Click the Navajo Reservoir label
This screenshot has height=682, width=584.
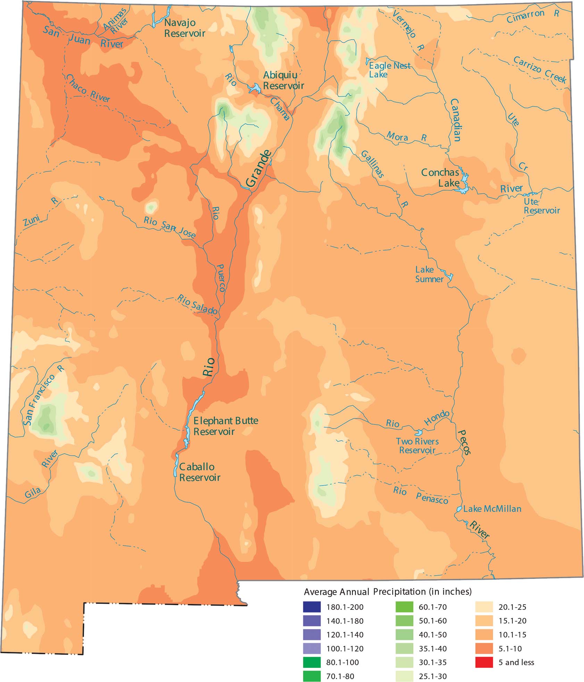click(x=184, y=28)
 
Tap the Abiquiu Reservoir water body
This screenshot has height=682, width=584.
click(x=255, y=88)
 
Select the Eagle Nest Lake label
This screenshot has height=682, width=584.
click(x=389, y=70)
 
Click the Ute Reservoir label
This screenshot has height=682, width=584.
click(x=541, y=206)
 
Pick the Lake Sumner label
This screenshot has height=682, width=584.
click(x=429, y=274)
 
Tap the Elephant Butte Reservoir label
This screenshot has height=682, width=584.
click(x=226, y=426)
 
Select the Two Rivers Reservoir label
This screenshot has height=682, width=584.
click(x=417, y=446)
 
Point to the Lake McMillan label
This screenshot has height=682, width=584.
click(x=492, y=509)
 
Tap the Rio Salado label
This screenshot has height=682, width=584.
click(x=197, y=304)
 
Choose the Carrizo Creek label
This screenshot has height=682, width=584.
click(x=540, y=69)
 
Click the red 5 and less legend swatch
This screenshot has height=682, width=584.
click(x=484, y=662)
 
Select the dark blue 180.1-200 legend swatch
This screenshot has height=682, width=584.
click(x=312, y=607)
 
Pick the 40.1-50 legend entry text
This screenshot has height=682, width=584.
click(x=433, y=635)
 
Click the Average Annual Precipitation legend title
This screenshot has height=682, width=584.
click(x=387, y=592)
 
